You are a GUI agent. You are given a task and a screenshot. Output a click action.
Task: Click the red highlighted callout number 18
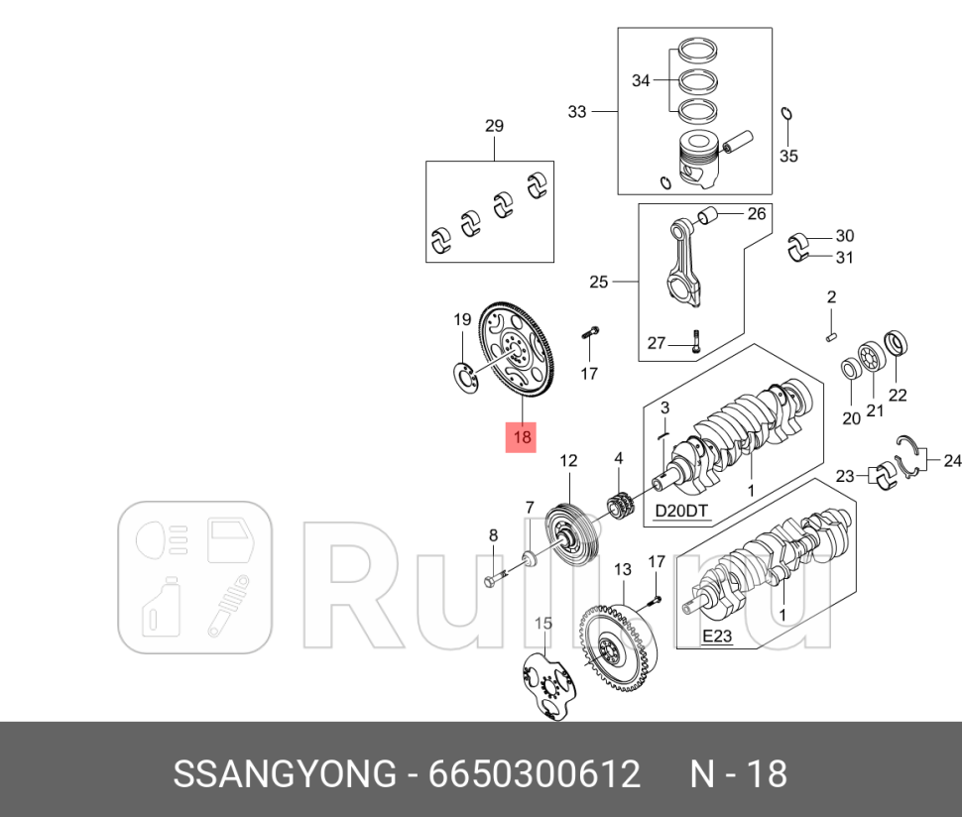pos(522,436)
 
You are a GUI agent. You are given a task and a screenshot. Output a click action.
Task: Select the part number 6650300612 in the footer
pos(535,774)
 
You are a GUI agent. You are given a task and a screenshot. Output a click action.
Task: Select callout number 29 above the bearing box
pos(494,126)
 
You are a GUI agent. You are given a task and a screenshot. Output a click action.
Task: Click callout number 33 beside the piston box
pos(577,112)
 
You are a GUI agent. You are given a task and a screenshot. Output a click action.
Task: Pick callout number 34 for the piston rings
pos(641,80)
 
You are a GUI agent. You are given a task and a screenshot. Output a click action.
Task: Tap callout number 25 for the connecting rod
pos(598,283)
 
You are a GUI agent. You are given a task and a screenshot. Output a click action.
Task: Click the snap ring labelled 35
pos(786,114)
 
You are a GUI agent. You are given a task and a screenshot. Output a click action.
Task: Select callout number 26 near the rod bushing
pos(756,213)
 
